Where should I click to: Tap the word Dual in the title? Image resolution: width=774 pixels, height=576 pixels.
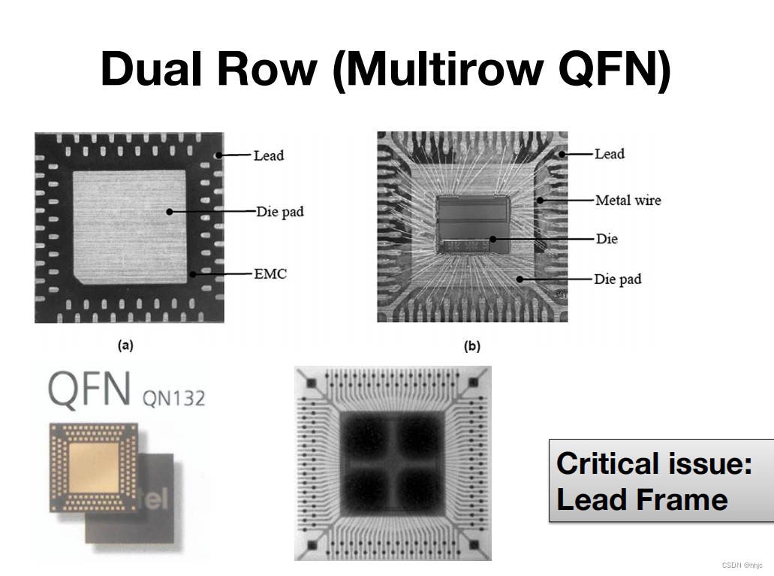point(153,68)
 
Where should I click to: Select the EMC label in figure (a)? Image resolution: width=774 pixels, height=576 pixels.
point(271,274)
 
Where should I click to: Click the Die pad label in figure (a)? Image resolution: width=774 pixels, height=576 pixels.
point(280,212)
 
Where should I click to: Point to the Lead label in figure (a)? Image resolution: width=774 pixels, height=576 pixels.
point(269,155)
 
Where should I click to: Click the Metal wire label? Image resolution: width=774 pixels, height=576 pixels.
point(628,200)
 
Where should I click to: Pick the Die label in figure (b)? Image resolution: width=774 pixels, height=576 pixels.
point(607,239)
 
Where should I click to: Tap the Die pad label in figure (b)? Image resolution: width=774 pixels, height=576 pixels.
point(618,279)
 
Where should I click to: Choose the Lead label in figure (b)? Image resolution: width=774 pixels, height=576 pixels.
point(610,154)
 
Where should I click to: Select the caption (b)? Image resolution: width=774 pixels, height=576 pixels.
point(472,346)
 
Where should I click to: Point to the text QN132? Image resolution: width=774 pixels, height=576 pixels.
point(173,397)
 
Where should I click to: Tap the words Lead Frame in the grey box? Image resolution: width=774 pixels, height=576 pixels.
point(642,499)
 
